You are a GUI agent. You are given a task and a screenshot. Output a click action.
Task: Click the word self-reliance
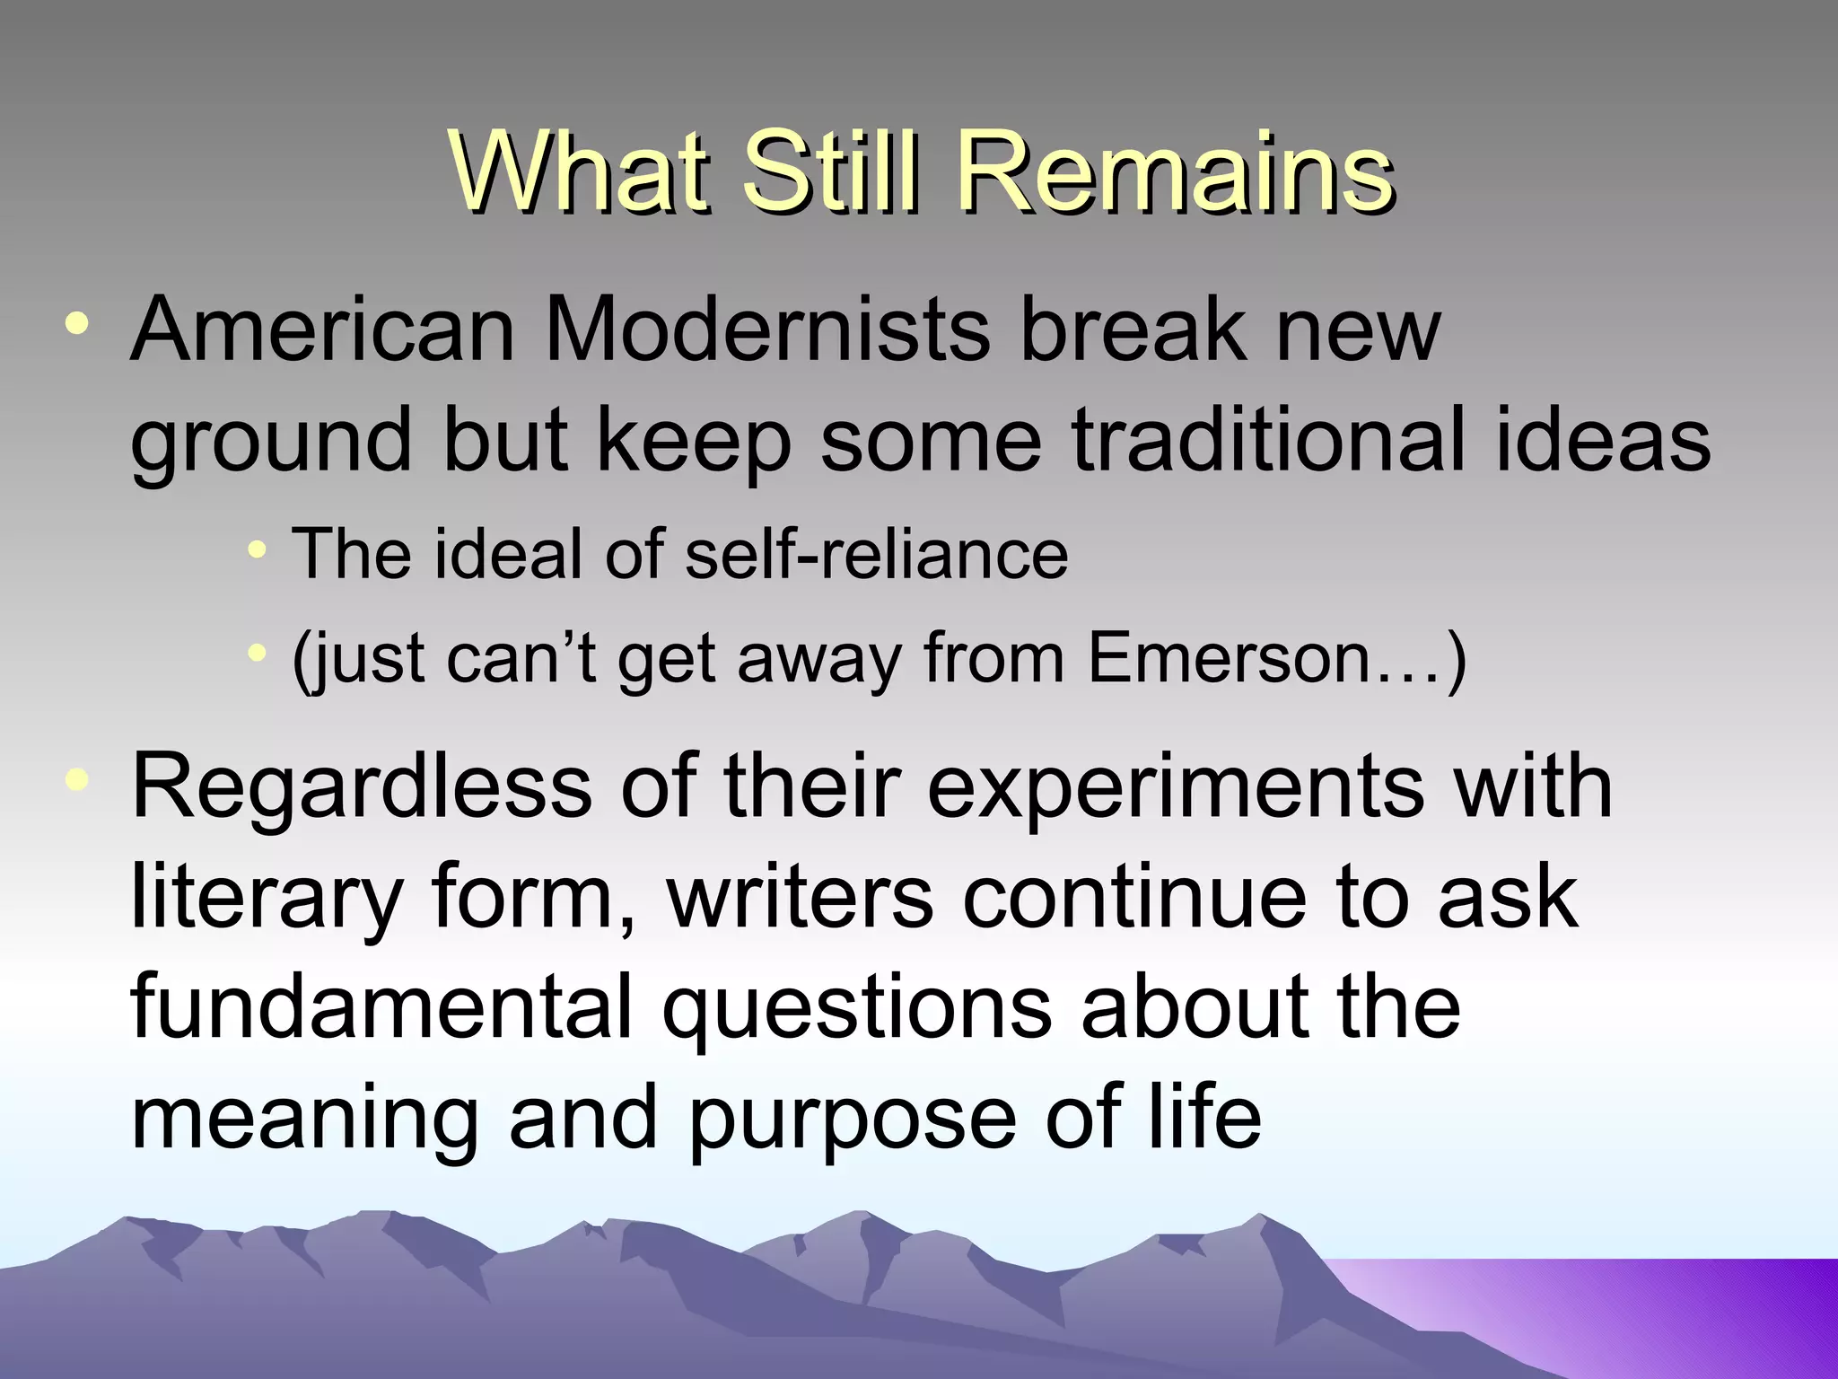pos(876,554)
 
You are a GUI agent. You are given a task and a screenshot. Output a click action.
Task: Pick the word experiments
pos(1175,790)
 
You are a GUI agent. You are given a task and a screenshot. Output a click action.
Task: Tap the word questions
pos(856,1011)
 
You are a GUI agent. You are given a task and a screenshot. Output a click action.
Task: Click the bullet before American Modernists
pos(78,324)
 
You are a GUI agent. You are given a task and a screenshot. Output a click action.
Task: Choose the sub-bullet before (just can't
pos(258,653)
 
